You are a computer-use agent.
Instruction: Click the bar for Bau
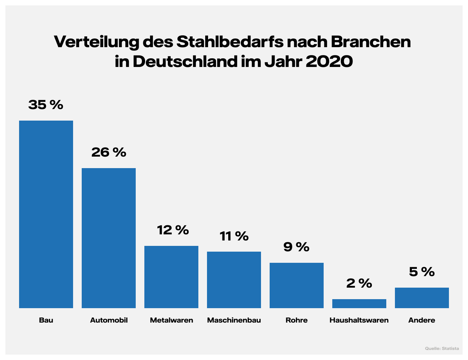tap(46, 214)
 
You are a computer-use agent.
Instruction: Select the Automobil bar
tap(109, 238)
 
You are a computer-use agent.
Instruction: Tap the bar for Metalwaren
tap(171, 277)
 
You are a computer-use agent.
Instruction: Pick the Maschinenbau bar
tap(234, 280)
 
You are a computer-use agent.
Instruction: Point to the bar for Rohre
tap(297, 285)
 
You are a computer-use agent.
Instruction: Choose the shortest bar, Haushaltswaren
tap(359, 303)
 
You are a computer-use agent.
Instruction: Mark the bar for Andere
tap(422, 298)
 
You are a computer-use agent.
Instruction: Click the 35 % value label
tap(46, 105)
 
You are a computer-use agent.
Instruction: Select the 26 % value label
tap(109, 152)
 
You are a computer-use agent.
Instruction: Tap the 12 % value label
tap(173, 230)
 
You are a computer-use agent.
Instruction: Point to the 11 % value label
tap(234, 236)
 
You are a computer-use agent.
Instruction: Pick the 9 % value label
tap(296, 247)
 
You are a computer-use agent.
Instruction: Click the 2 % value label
tap(359, 283)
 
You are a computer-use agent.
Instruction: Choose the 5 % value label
tap(422, 272)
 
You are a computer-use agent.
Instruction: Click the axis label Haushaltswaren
tap(359, 320)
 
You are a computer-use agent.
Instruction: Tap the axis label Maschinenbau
tap(234, 320)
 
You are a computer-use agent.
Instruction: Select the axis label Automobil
tap(109, 320)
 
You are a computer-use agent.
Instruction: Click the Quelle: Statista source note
tap(442, 348)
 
